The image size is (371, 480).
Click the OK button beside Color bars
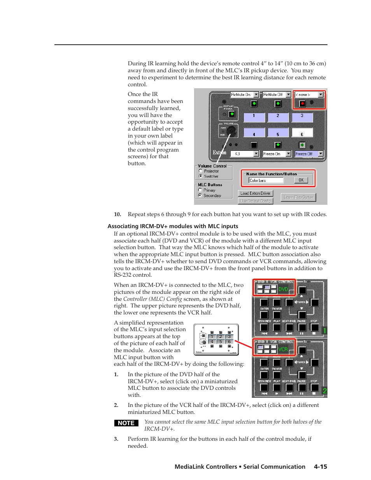(x=301, y=180)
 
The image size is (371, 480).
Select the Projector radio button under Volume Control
(x=201, y=171)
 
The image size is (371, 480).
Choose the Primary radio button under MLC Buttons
(x=200, y=190)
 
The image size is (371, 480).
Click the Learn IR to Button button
(x=298, y=197)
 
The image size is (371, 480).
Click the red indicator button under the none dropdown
(x=302, y=103)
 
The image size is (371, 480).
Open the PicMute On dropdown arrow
(x=256, y=94)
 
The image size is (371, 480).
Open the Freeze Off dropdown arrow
(x=321, y=154)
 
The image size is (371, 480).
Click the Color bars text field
(x=266, y=180)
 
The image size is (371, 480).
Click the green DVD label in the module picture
(x=283, y=289)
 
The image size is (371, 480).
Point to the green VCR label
(x=283, y=349)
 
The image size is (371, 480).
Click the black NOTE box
(x=126, y=423)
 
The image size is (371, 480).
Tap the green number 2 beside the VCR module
(x=324, y=391)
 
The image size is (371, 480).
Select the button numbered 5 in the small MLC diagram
(x=220, y=342)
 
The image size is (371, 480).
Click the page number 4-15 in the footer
(x=320, y=466)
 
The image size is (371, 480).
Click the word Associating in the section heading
(x=123, y=226)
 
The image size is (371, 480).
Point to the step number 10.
(x=117, y=214)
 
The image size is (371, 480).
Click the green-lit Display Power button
(x=232, y=114)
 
